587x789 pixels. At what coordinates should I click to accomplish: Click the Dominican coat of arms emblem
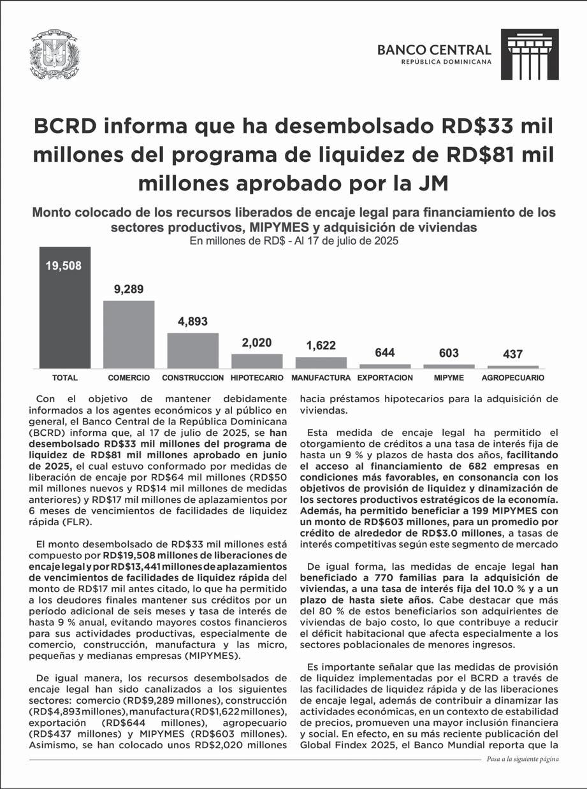pos(55,55)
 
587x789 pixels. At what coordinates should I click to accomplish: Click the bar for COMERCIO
pos(129,334)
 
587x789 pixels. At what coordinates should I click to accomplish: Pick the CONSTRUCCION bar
pos(192,351)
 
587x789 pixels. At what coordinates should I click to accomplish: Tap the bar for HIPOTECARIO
pos(257,361)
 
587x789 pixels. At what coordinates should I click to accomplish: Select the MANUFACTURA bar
pos(321,362)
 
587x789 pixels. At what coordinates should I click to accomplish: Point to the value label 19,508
pos(64,266)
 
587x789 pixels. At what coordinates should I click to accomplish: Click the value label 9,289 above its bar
pos(129,289)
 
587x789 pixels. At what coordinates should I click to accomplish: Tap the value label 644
pos(384,352)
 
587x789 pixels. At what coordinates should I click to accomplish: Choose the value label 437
pos(512,354)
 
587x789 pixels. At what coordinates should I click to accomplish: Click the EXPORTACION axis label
pos(385,378)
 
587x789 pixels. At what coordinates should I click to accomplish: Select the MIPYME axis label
pos(449,378)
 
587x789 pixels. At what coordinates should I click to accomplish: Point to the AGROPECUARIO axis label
pos(512,378)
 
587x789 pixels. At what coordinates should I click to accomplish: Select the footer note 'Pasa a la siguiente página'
pos(522,760)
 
